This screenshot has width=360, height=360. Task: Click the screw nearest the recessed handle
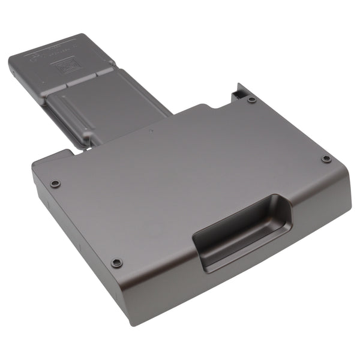pos(117,262)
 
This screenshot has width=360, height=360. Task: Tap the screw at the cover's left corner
pos(55,183)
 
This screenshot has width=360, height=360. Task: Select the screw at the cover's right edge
pos(326,159)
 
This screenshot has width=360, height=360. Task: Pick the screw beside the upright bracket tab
pos(252,100)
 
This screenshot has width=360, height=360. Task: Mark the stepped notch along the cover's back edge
pos(213,108)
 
